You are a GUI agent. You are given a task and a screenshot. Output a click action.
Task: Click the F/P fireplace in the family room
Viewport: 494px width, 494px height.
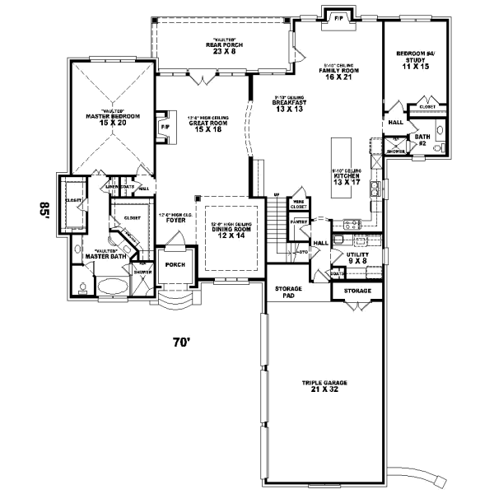click(338, 17)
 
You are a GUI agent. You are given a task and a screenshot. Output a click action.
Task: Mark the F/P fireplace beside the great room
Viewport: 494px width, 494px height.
click(165, 126)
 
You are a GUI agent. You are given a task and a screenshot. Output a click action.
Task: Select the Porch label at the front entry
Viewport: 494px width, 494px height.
click(175, 265)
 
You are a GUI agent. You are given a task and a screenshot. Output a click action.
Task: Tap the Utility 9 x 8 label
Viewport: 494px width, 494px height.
click(357, 259)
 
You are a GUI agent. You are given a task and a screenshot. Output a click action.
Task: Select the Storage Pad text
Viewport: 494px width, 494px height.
click(288, 291)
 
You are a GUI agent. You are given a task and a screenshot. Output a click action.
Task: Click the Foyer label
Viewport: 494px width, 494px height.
click(175, 218)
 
